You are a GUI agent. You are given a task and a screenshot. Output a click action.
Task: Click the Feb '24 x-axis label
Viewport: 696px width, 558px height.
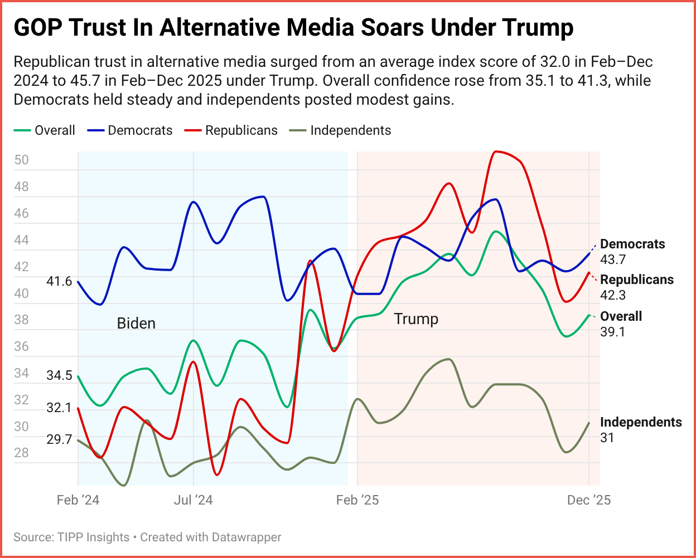click(x=78, y=500)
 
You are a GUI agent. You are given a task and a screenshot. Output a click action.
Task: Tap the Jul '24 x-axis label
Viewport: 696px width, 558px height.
click(x=193, y=500)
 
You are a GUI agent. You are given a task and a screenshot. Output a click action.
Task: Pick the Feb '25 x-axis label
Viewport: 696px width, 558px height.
click(x=357, y=500)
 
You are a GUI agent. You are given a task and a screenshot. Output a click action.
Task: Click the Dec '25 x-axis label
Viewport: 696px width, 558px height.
click(x=589, y=500)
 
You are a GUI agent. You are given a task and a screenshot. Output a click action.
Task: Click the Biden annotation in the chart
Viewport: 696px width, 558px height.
click(x=136, y=324)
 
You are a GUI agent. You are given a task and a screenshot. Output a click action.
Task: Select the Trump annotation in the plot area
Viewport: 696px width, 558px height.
click(x=416, y=319)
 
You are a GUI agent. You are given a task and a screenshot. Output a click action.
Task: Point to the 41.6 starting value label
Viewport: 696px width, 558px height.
click(x=59, y=281)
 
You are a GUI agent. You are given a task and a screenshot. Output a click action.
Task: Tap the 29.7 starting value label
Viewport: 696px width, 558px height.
click(x=59, y=439)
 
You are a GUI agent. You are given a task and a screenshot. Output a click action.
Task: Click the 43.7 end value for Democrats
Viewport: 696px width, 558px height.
click(x=613, y=259)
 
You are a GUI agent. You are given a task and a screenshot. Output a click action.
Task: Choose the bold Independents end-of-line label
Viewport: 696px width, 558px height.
click(x=641, y=422)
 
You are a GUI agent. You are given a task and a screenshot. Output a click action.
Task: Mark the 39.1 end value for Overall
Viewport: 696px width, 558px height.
click(x=613, y=331)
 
